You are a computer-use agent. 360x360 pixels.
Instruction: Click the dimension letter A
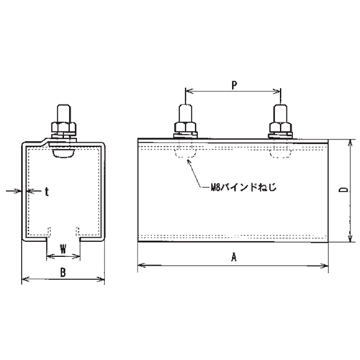point(233,256)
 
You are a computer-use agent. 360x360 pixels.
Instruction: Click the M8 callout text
point(239,185)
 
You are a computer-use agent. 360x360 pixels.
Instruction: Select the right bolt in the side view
point(280,115)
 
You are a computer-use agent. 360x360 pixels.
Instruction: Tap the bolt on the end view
point(63,115)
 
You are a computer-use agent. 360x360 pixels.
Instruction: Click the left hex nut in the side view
point(186,129)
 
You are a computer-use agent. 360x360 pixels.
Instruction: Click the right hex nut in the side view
point(280,129)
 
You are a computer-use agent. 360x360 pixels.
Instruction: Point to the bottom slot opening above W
point(63,233)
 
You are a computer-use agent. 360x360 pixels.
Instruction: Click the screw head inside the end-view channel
point(63,151)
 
